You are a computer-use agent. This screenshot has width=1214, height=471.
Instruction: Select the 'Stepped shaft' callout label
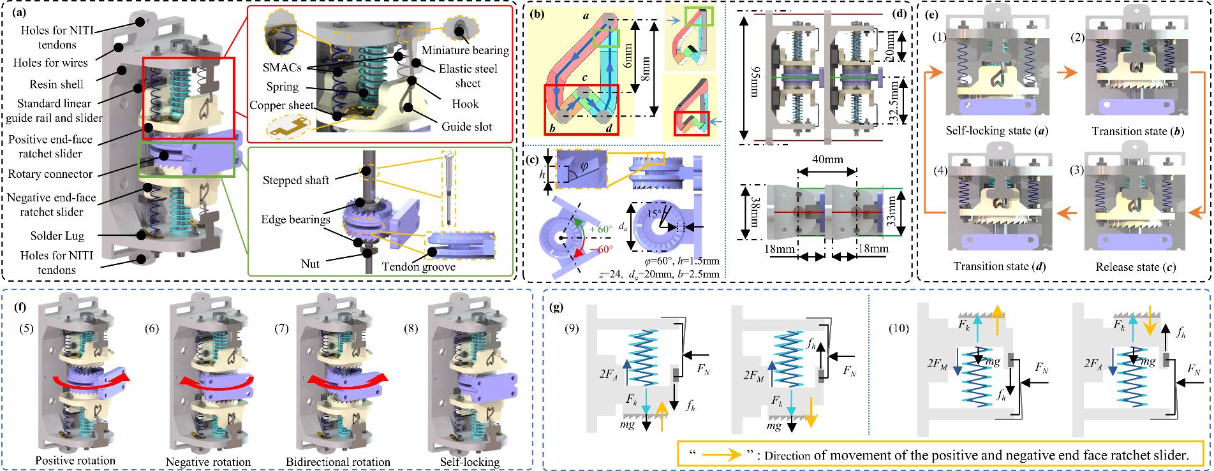[x=296, y=180]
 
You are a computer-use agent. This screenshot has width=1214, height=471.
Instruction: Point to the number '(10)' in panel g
[x=900, y=330]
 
